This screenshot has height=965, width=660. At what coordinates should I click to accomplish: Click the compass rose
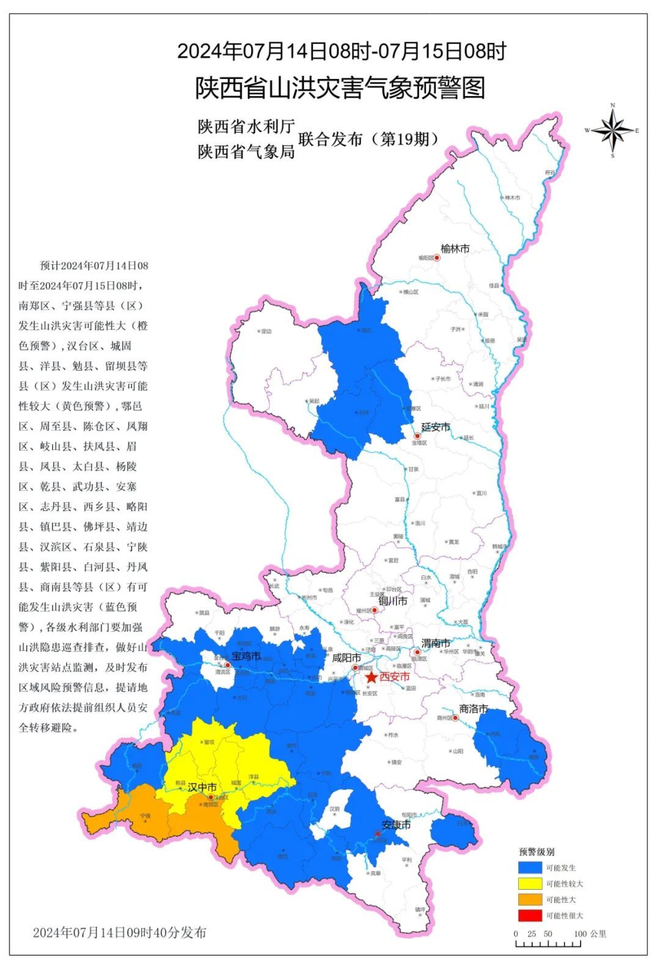(613, 130)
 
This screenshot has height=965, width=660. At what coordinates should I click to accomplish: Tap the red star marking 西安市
(371, 678)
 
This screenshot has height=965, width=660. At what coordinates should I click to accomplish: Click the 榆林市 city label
(455, 249)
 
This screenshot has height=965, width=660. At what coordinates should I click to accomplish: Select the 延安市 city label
(435, 427)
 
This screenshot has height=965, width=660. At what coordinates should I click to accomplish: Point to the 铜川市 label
(393, 601)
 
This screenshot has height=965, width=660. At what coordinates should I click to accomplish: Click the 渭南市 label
(436, 643)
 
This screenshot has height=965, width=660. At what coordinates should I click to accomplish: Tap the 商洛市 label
(474, 709)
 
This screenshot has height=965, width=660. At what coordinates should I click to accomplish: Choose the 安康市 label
(395, 825)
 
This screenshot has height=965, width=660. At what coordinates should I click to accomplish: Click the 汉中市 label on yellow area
(202, 786)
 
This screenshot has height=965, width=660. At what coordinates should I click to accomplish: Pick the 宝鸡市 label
(246, 656)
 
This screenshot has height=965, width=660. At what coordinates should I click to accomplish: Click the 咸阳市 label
(346, 658)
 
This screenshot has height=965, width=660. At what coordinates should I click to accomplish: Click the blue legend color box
(529, 867)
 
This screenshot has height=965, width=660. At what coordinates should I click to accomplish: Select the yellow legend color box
(529, 883)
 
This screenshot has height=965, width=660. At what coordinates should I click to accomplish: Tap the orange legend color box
(529, 899)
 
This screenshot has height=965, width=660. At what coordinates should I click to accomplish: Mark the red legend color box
(529, 915)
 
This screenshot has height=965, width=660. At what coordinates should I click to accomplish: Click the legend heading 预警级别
(537, 852)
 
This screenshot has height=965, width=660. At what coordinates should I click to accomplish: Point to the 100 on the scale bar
(580, 934)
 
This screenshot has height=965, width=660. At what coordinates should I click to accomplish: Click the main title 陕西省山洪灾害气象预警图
(340, 88)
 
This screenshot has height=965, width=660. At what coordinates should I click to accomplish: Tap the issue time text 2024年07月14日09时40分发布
(119, 932)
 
